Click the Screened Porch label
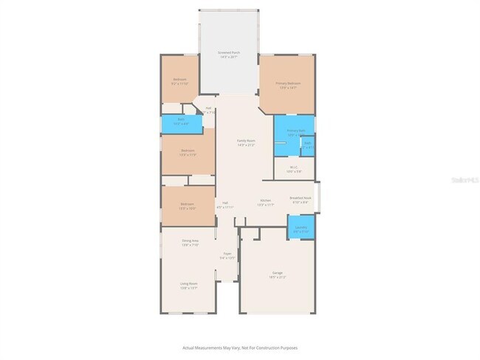(x=229, y=53)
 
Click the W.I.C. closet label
(x=293, y=167)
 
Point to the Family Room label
(x=246, y=140)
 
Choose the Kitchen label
(x=266, y=200)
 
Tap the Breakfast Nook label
(x=300, y=198)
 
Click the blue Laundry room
(x=301, y=227)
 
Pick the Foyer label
(x=227, y=255)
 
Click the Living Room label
(x=188, y=283)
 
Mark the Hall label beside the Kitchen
(x=224, y=203)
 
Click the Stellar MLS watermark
(x=464, y=178)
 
